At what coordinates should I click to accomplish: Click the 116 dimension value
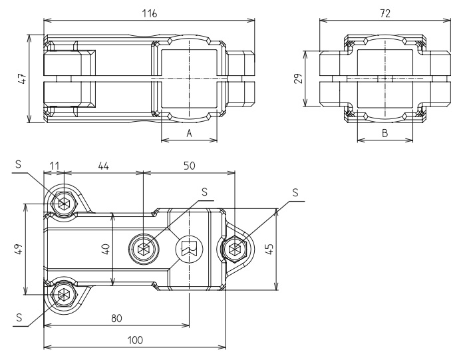pyautogui.click(x=150, y=13)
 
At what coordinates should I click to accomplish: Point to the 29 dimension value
pyautogui.click(x=299, y=78)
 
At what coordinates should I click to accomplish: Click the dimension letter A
pyautogui.click(x=190, y=133)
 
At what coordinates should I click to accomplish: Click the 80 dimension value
pyautogui.click(x=117, y=318)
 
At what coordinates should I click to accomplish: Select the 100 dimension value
pyautogui.click(x=135, y=339)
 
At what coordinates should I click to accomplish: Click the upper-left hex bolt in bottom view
pyautogui.click(x=64, y=203)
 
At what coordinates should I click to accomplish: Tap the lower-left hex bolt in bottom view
pyautogui.click(x=64, y=293)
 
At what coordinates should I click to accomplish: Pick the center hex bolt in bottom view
pyautogui.click(x=143, y=250)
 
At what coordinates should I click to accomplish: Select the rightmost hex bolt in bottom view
pyautogui.click(x=233, y=250)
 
